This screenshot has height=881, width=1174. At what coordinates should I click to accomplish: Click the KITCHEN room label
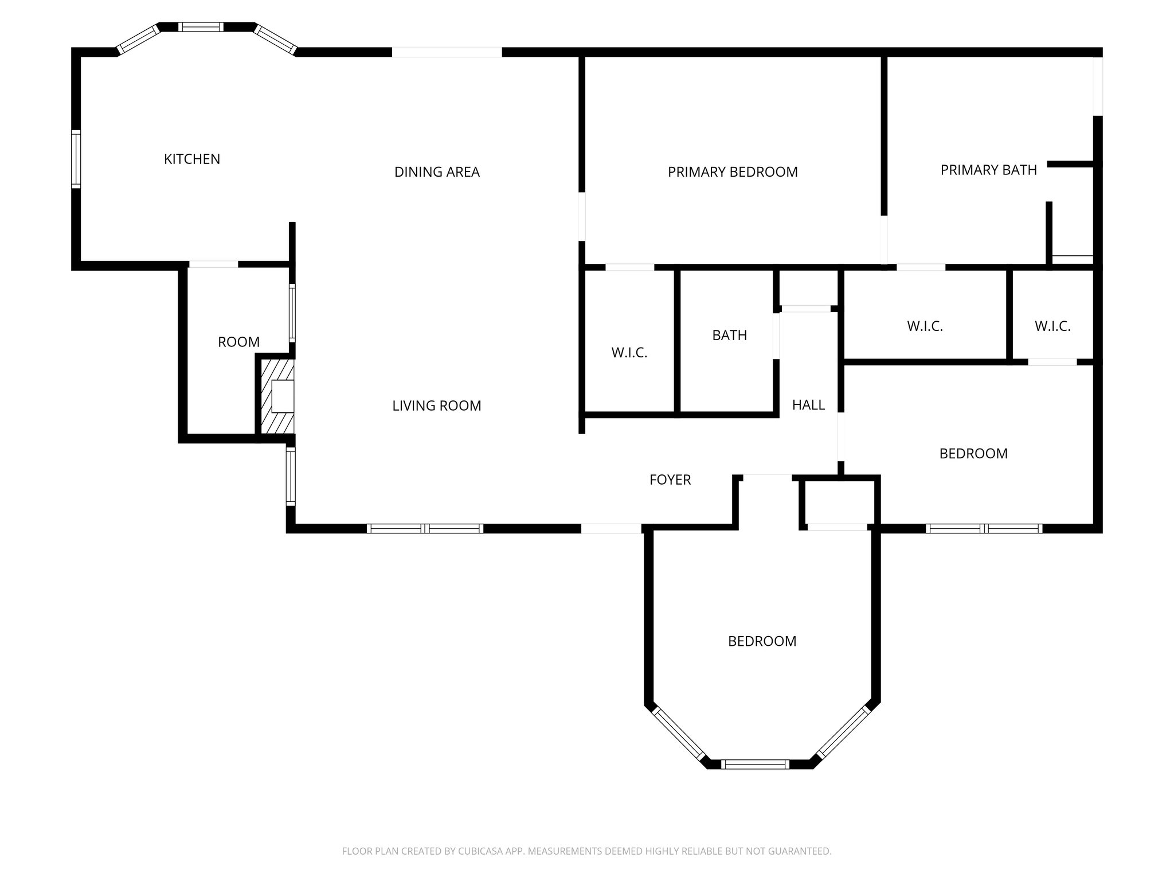[x=192, y=159]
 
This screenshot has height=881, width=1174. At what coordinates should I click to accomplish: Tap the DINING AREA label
[x=437, y=172]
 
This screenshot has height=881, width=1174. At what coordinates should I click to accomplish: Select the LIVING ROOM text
[x=437, y=406]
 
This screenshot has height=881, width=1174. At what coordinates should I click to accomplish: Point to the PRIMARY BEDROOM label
[x=733, y=172]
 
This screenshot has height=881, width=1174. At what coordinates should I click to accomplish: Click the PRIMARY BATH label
[x=988, y=170]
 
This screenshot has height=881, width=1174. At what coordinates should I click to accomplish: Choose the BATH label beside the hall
[x=729, y=336]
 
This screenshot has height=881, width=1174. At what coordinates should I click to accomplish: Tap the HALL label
[x=808, y=406]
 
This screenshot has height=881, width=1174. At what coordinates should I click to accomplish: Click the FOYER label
[x=670, y=480]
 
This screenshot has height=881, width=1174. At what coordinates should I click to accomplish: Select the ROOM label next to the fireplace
[x=238, y=342]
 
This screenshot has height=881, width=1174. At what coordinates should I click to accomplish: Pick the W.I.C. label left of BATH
[x=629, y=353]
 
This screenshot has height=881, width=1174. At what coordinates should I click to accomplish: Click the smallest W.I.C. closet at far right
[x=1052, y=326]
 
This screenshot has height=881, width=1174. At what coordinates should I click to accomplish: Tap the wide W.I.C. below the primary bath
[x=925, y=326]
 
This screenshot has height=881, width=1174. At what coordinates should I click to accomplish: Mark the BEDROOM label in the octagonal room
[x=762, y=641]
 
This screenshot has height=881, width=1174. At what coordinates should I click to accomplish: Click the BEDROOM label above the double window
[x=973, y=454]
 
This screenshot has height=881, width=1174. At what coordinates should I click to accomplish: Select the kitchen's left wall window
[x=76, y=159]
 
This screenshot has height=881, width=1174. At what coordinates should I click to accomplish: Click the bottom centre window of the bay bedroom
[x=754, y=764]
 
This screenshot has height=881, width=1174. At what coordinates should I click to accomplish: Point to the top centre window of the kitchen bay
[x=200, y=27]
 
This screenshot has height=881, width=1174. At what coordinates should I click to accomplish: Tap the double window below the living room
[x=425, y=529]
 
